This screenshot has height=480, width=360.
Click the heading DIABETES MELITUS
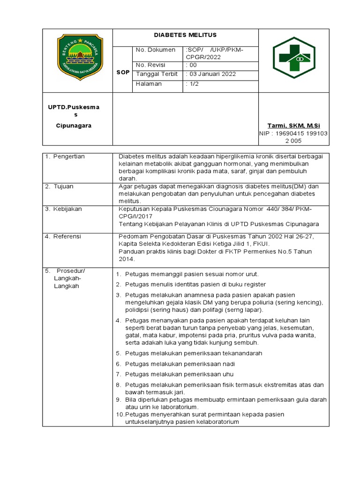(x=186, y=35)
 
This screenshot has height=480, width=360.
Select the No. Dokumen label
(x=155, y=50)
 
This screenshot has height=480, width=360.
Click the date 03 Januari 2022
(x=210, y=74)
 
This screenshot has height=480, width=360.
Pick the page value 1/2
(x=192, y=83)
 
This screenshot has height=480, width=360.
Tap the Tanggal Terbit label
(x=157, y=74)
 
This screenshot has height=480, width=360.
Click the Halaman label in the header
(x=149, y=83)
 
